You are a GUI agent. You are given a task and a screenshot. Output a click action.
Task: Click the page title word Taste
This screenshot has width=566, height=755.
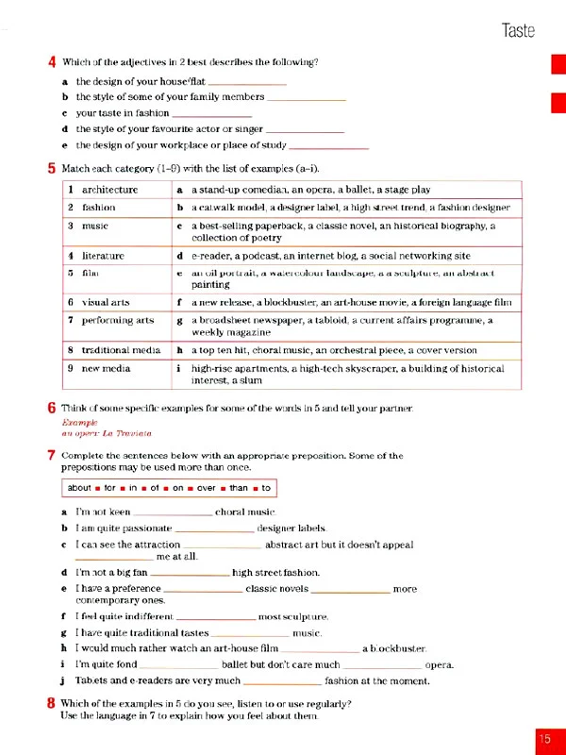[x=518, y=30]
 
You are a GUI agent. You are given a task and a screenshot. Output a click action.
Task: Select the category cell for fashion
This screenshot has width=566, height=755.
[x=98, y=207]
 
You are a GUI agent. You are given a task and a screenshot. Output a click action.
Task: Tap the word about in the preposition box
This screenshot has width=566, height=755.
[x=79, y=488]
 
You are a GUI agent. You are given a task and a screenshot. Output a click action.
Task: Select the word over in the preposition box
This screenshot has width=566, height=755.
[x=208, y=488]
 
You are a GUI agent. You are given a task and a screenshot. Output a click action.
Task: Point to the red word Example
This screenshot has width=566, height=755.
[x=78, y=424]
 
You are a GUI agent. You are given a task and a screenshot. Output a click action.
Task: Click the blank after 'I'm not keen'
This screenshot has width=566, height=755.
[x=175, y=513]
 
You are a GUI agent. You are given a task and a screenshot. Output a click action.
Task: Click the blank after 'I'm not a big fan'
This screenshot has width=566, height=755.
[x=190, y=574]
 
